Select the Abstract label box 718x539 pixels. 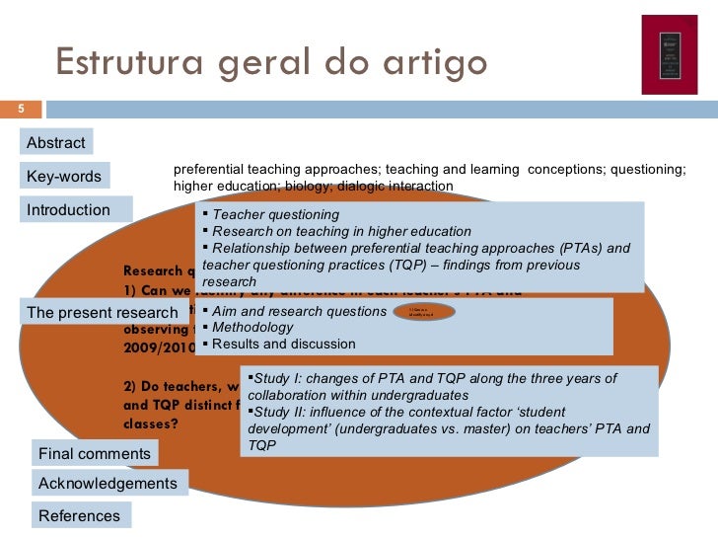(56, 142)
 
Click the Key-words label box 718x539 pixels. (64, 176)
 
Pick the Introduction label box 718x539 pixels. (69, 209)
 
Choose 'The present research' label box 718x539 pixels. (102, 313)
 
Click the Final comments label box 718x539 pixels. (95, 453)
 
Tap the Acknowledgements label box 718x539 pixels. (108, 483)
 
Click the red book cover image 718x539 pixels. (669, 55)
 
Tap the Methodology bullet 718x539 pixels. (252, 327)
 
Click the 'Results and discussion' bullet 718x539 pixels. (284, 344)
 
